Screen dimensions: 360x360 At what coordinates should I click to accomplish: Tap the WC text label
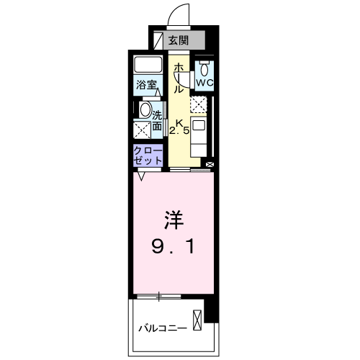[205, 83]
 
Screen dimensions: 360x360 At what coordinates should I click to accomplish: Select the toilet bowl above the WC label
[205, 69]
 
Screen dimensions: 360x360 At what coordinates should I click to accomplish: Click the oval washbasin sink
[145, 111]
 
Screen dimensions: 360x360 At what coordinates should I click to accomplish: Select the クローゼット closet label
[147, 155]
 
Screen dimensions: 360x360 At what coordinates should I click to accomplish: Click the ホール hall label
[178, 78]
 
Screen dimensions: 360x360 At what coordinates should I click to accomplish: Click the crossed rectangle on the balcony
[197, 318]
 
